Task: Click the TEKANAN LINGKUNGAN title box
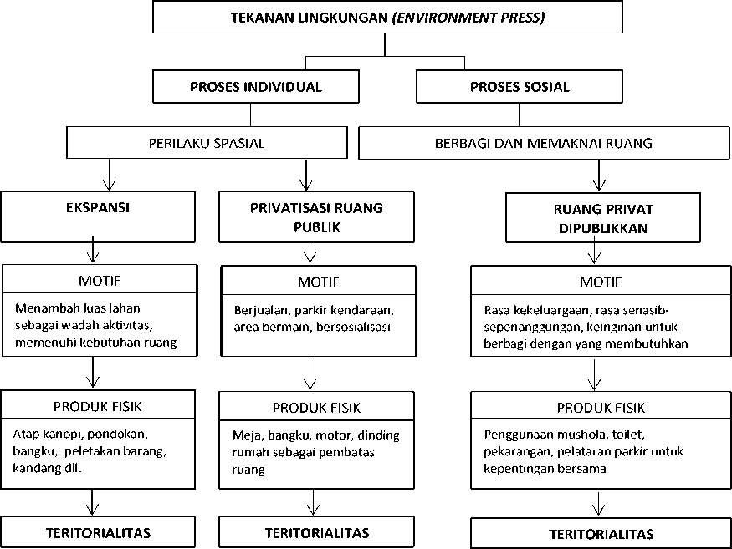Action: pyautogui.click(x=387, y=18)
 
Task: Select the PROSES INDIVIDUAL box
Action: pyautogui.click(x=256, y=86)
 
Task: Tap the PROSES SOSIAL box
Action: pyautogui.click(x=520, y=86)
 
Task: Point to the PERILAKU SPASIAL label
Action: pyautogui.click(x=207, y=143)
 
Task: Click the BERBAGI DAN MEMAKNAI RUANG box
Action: pyautogui.click(x=544, y=143)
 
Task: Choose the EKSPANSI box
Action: pyautogui.click(x=98, y=217)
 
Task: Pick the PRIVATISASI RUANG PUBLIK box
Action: pyautogui.click(x=316, y=217)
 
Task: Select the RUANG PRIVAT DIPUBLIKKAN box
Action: pyautogui.click(x=603, y=218)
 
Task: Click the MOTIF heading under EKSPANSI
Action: pyautogui.click(x=100, y=280)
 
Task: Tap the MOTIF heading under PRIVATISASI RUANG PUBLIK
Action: pyautogui.click(x=319, y=282)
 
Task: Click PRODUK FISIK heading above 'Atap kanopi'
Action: pyautogui.click(x=98, y=406)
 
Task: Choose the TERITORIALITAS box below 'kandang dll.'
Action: pyautogui.click(x=98, y=531)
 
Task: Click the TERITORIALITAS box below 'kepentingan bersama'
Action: pyautogui.click(x=601, y=533)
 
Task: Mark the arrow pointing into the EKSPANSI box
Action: pyautogui.click(x=110, y=175)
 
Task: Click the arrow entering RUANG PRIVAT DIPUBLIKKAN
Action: pyautogui.click(x=599, y=175)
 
